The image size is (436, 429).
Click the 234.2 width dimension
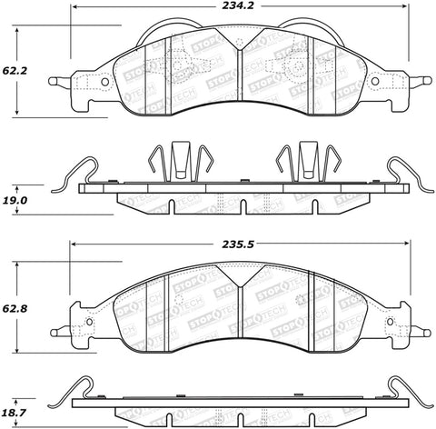pos(237,9)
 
